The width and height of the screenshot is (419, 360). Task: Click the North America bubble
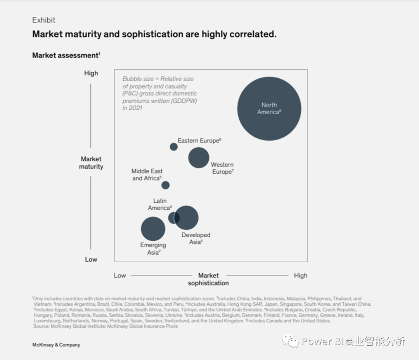[269, 108]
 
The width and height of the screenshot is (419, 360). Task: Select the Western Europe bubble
[199, 158]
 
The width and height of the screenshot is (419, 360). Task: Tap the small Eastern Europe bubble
[174, 147]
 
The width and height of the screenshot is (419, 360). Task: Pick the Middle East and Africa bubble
[166, 185]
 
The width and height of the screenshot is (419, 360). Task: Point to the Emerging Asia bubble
[153, 229]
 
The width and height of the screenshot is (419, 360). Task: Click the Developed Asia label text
[196, 238]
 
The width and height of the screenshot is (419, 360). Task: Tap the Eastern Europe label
[199, 141]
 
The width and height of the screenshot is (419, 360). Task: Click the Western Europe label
[222, 168]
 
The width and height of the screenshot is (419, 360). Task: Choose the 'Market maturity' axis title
[91, 163]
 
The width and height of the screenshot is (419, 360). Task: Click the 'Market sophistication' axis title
[208, 279]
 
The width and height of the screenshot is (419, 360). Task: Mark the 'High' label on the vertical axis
[91, 73]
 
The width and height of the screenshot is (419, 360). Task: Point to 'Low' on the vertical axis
[91, 259]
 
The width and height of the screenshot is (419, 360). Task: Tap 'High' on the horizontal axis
[300, 276]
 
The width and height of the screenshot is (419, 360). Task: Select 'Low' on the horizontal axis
[120, 276]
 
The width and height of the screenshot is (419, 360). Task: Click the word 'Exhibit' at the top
[44, 20]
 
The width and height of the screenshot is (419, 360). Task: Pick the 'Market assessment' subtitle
[66, 55]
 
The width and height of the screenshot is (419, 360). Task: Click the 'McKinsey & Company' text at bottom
[56, 345]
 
